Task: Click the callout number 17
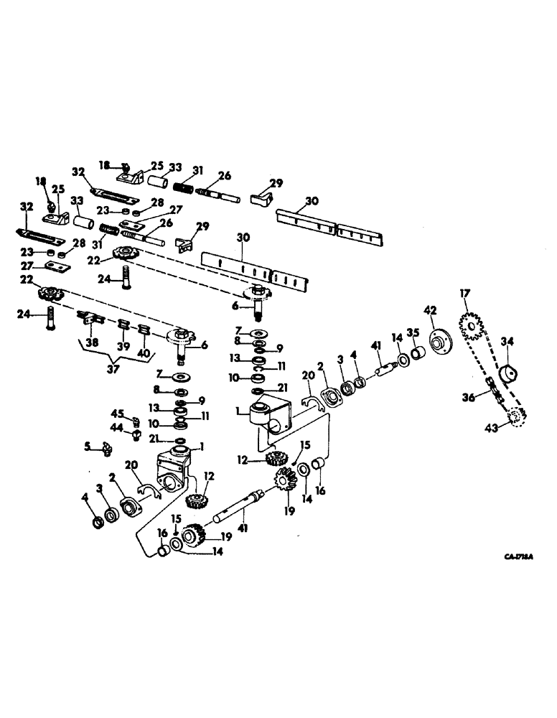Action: point(464,293)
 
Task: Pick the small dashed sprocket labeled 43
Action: point(515,418)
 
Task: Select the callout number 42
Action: point(430,310)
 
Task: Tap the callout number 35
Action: point(413,332)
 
